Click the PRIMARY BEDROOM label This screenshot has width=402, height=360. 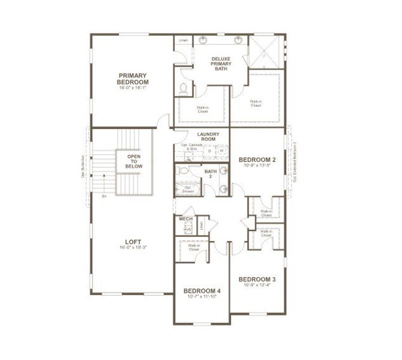tap(133, 79)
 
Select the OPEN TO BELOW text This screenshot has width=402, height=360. tap(133, 160)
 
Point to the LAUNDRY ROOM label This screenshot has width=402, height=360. tap(208, 136)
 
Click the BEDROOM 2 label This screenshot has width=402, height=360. tap(256, 160)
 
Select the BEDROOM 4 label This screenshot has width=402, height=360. tap(202, 291)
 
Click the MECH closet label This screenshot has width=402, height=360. tap(185, 219)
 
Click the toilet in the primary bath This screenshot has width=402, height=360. tap(184, 89)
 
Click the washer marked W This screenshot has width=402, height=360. tap(221, 151)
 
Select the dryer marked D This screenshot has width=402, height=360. tap(209, 151)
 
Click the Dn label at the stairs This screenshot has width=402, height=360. tap(104, 196)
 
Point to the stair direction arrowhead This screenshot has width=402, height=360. tap(104, 175)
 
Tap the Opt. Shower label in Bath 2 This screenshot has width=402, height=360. tap(187, 189)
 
